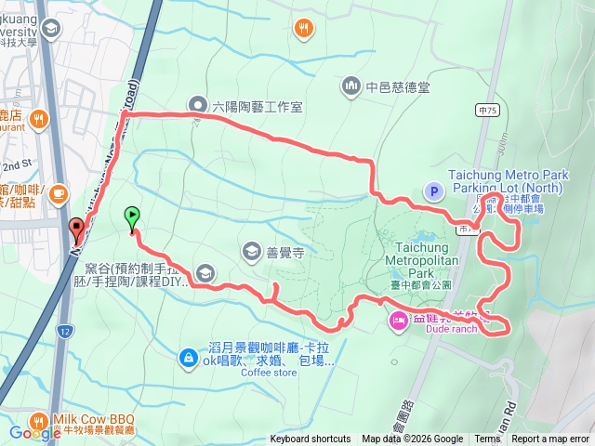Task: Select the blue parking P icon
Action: pyautogui.click(x=432, y=191)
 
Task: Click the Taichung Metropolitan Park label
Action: pyautogui.click(x=422, y=255)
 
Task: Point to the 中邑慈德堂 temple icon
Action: pyautogui.click(x=351, y=87)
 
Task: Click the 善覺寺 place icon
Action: pyautogui.click(x=252, y=251)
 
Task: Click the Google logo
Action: pyautogui.click(x=34, y=433)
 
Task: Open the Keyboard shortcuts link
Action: pyautogui.click(x=311, y=439)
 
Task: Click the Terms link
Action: pyautogui.click(x=487, y=439)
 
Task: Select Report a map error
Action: pyautogui.click(x=550, y=439)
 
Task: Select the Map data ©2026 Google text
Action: pyautogui.click(x=412, y=439)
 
